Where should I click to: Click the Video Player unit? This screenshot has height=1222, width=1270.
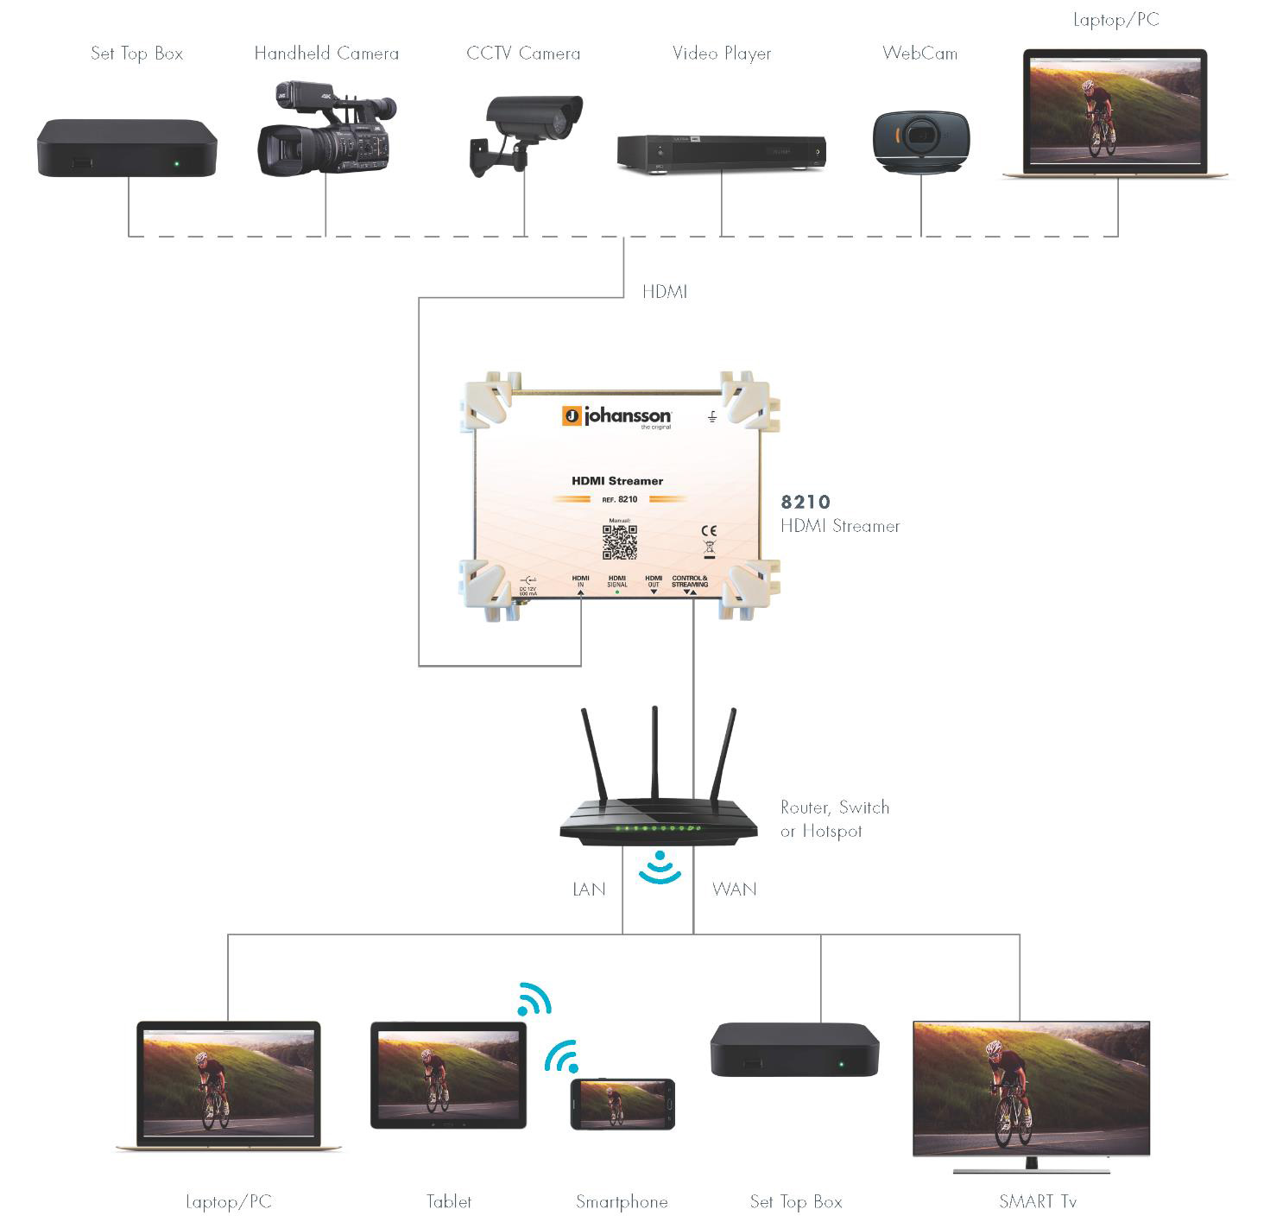(721, 153)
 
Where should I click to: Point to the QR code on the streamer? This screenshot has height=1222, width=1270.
(619, 541)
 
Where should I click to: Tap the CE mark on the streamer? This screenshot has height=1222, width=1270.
(709, 530)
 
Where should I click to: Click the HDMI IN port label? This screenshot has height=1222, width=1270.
(580, 581)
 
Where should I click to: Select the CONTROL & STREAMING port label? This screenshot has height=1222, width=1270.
(690, 581)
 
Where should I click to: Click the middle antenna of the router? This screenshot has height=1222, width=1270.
(654, 751)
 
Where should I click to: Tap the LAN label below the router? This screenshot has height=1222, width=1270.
(589, 890)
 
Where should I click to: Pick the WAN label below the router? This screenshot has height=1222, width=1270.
(734, 890)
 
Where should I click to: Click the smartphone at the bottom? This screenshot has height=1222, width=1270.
(622, 1104)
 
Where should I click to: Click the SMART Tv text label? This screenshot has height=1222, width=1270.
(1037, 1201)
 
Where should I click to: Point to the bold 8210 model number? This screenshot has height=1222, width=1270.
(806, 502)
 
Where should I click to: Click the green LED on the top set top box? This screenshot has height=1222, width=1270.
(176, 163)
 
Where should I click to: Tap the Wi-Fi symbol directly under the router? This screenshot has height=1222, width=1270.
(660, 867)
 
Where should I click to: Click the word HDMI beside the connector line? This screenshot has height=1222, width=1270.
(664, 292)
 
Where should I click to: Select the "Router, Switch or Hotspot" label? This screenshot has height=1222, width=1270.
(834, 819)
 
